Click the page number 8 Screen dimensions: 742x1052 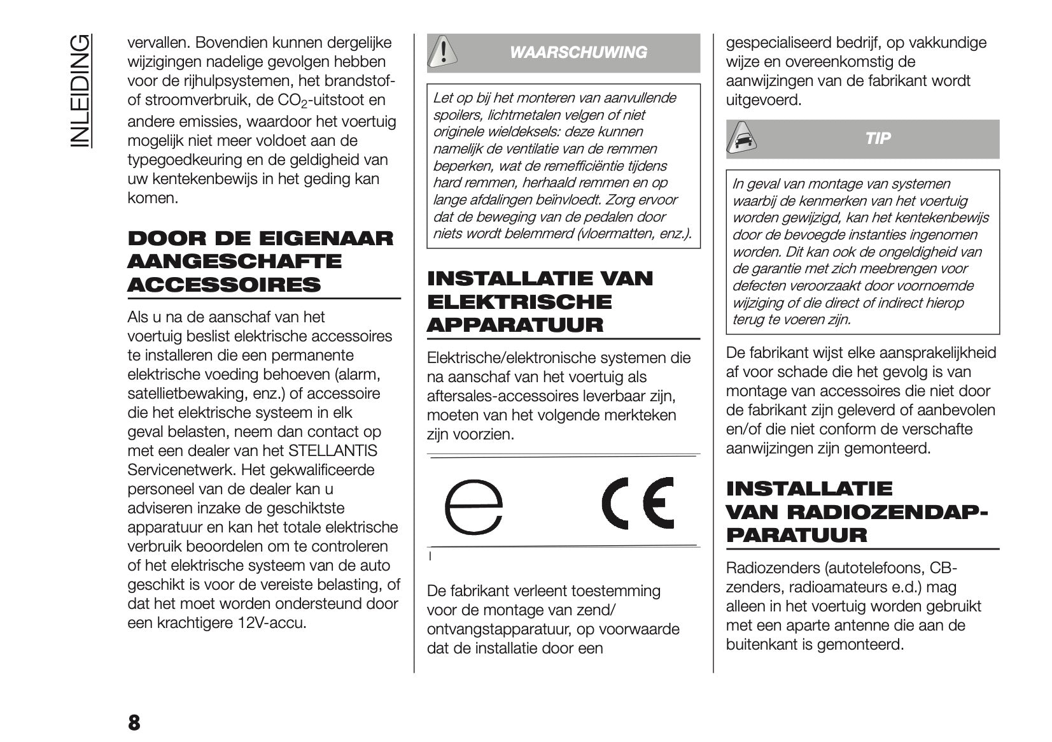(x=134, y=722)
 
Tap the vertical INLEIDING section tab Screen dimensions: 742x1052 (x=80, y=91)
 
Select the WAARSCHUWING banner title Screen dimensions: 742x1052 (x=578, y=52)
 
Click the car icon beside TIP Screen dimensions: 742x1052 (x=741, y=138)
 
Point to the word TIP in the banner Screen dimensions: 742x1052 (x=878, y=138)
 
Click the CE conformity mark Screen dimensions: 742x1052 (x=638, y=503)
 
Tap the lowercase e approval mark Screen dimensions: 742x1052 (x=473, y=506)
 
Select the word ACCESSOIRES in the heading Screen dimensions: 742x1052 (x=224, y=285)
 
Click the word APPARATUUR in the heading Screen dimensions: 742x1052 (x=515, y=325)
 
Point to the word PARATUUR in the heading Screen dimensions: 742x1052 (x=796, y=535)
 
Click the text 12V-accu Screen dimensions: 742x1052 (x=272, y=623)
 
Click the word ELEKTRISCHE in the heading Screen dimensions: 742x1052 (x=519, y=302)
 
